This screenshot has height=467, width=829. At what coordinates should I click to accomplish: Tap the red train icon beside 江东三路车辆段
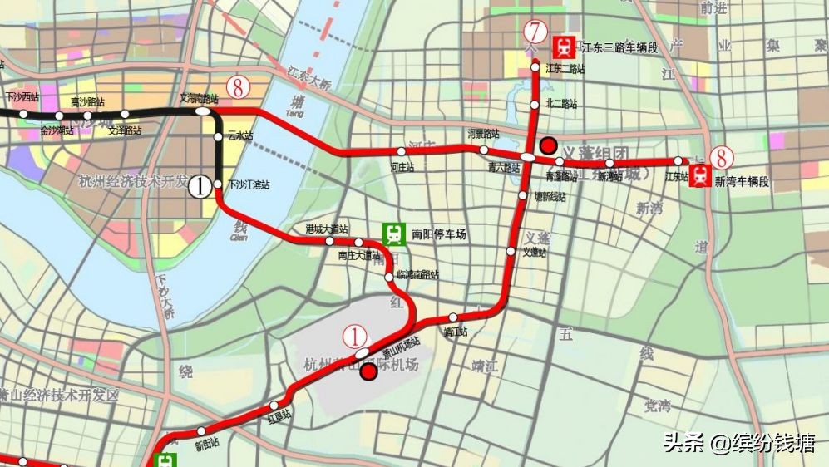[565, 47]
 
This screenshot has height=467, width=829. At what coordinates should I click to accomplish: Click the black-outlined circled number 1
[200, 186]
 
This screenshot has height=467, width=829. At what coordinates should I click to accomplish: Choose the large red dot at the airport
[369, 372]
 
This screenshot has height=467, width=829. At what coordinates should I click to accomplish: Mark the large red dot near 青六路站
[548, 145]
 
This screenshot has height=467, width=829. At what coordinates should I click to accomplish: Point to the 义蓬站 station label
[534, 253]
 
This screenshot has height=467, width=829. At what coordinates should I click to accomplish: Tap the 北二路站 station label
[560, 105]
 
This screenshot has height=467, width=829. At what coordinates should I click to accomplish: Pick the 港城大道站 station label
[327, 229]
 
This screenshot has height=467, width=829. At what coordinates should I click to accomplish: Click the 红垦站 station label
[279, 413]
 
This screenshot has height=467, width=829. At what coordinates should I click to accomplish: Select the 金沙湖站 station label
[57, 130]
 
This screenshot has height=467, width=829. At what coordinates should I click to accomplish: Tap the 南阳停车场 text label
[439, 235]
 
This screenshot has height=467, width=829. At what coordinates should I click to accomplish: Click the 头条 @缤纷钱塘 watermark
[738, 443]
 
